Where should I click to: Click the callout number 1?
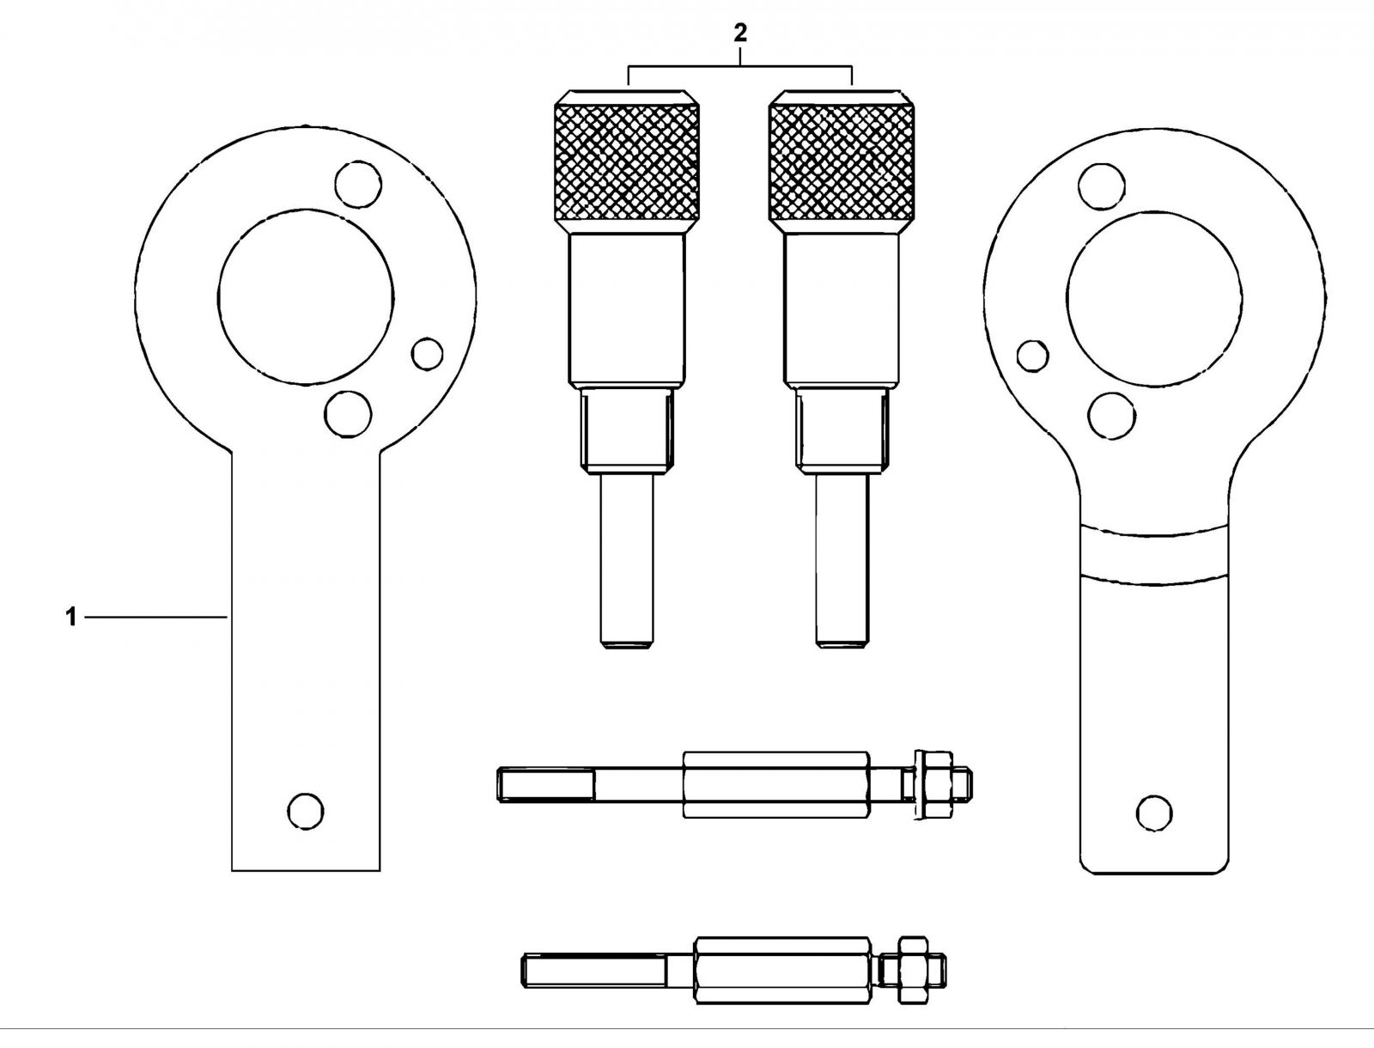pos(70,618)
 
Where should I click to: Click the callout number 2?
pos(740,34)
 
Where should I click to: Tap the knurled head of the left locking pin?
pos(627,162)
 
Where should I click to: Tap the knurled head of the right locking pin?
pos(841,162)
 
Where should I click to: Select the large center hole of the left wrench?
pos(306,296)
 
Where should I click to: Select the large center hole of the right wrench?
pos(1155,298)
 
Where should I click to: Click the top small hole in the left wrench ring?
pos(358,184)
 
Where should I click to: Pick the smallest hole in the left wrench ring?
pos(428,354)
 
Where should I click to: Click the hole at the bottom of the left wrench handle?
pos(306,812)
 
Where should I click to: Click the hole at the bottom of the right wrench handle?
pos(1154,813)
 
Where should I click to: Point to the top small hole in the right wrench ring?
pos(1102,186)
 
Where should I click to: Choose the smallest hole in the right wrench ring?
pos(1033,356)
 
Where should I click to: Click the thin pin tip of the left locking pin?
pos(627,561)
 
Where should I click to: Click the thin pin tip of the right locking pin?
pos(842,561)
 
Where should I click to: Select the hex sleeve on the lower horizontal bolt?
pos(781,971)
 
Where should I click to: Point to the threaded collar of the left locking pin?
pos(627,430)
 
